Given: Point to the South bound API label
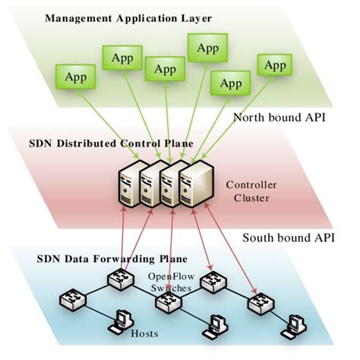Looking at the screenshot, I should pos(290,238).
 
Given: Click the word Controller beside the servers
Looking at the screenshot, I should pos(250,185).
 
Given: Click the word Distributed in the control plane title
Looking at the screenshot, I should pos(106,142).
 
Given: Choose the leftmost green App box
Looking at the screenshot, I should pos(74,76).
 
